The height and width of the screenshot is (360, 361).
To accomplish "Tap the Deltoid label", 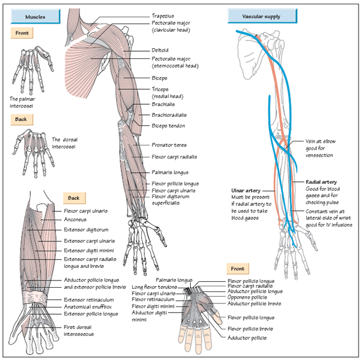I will click(160, 50).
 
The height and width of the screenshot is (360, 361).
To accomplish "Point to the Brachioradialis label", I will click(169, 115).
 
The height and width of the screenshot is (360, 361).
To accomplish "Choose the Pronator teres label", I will click(168, 145).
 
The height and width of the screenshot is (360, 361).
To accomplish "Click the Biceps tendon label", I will click(168, 126).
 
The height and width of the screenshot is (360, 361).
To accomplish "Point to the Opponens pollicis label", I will click(245, 297).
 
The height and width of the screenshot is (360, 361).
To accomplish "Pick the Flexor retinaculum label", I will click(154, 299).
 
